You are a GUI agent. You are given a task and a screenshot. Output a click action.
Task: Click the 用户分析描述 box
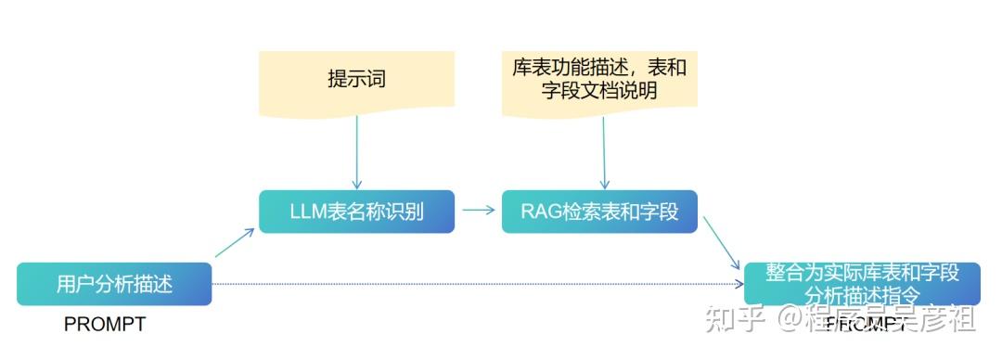(114, 283)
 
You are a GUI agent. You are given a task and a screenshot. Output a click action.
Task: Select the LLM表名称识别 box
(356, 212)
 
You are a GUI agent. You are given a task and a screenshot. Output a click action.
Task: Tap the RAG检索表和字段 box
(599, 212)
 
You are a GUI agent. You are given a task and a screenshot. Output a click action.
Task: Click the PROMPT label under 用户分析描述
(105, 324)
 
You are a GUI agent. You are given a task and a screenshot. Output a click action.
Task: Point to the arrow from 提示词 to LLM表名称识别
(356, 153)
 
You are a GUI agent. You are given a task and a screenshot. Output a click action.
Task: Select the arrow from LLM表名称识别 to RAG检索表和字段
(478, 210)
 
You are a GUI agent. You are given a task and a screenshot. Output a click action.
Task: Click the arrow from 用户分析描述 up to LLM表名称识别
(235, 243)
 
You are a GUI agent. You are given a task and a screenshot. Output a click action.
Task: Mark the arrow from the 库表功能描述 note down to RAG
(605, 153)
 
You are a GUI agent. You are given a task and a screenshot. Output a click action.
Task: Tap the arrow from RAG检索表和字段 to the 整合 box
(722, 243)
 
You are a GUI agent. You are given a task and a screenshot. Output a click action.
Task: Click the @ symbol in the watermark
(792, 320)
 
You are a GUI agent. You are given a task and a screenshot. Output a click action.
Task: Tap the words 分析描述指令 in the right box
(862, 295)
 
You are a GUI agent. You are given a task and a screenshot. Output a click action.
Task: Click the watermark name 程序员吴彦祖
(892, 320)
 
